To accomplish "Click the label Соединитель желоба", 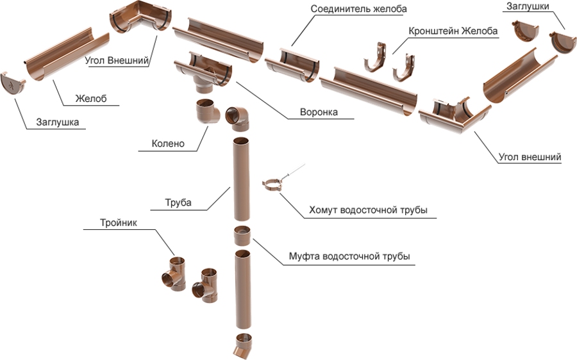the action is click(x=359, y=9).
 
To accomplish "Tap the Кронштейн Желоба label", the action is click(x=453, y=31).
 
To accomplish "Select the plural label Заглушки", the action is click(x=528, y=6).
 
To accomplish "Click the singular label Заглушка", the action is click(x=58, y=122).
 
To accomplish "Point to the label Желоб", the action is click(x=91, y=99).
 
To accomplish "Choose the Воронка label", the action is click(x=319, y=112).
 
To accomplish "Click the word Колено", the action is click(x=168, y=143).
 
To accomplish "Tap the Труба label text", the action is click(x=178, y=202).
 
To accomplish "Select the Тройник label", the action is click(x=119, y=223).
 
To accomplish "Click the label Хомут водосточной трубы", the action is click(x=369, y=210).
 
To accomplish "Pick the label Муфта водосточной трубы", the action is click(x=349, y=256).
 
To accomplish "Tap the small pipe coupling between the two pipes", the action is click(x=242, y=235).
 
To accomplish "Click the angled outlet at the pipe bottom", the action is click(x=243, y=346).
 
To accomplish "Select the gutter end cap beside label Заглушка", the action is click(x=13, y=84).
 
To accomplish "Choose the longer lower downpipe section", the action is click(x=244, y=289).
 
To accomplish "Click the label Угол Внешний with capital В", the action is click(x=117, y=60).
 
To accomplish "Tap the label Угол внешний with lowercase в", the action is click(x=530, y=158).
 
